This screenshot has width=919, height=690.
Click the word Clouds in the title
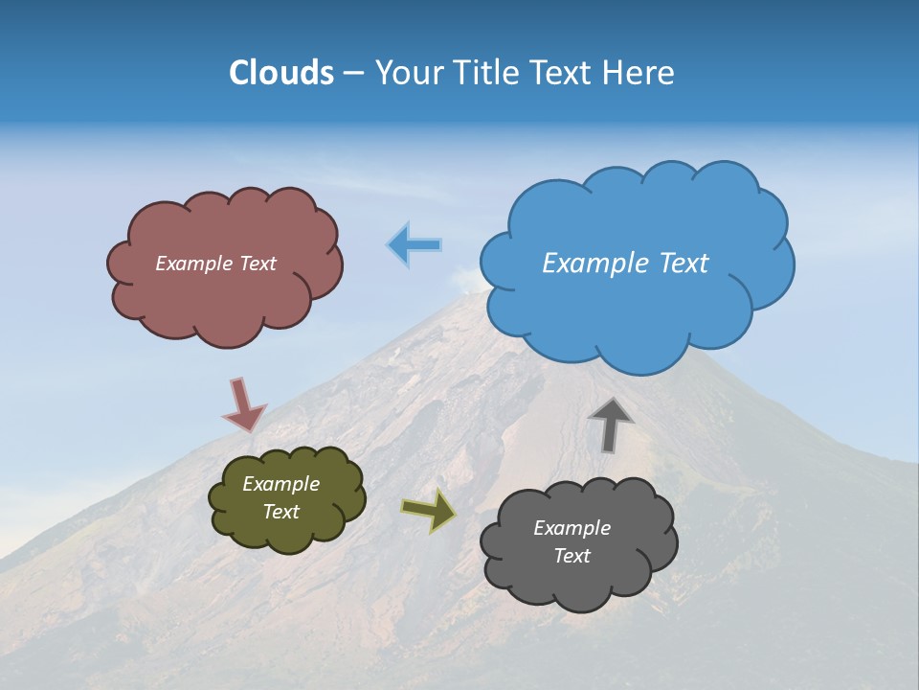281,73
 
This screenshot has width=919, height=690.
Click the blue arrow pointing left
415,245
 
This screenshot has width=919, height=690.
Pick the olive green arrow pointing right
429,511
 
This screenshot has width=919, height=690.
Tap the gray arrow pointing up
611,425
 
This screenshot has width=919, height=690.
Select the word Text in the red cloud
257,264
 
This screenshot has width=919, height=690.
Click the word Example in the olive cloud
280,484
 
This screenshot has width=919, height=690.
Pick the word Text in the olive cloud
280,512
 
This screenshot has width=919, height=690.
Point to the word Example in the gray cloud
572,528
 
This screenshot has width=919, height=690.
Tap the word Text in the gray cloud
572,556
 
